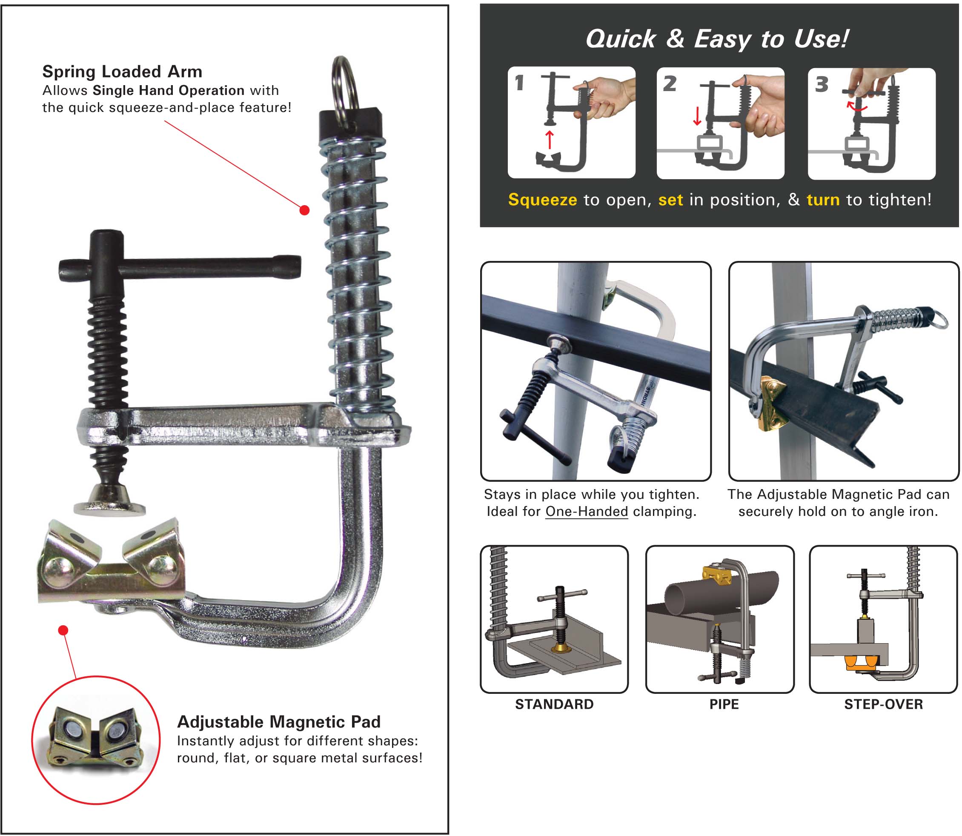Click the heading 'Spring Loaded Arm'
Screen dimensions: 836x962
pyautogui.click(x=122, y=72)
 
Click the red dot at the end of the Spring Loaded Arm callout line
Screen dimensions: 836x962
pyautogui.click(x=304, y=210)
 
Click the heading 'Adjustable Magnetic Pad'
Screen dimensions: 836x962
pyautogui.click(x=278, y=721)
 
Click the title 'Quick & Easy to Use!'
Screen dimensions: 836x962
pyautogui.click(x=716, y=39)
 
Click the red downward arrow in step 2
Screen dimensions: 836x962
pyautogui.click(x=697, y=116)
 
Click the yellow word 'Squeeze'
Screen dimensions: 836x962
pyautogui.click(x=542, y=200)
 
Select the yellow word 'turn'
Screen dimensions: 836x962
pyautogui.click(x=823, y=200)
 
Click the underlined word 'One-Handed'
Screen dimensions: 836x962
pyautogui.click(x=587, y=511)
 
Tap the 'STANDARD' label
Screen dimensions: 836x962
pyautogui.click(x=554, y=704)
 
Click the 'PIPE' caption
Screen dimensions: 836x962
pyautogui.click(x=724, y=704)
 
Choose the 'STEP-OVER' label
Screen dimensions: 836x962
pyautogui.click(x=883, y=704)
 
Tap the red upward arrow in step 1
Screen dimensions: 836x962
pyautogui.click(x=550, y=139)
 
